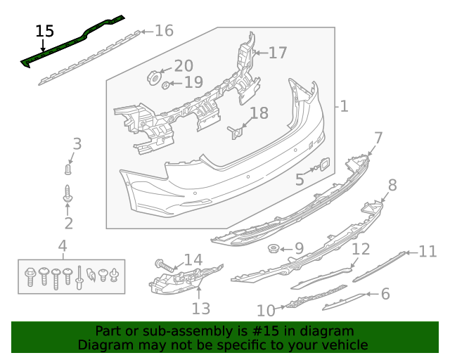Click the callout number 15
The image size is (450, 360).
pyautogui.click(x=44, y=31)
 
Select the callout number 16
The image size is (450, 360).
pyautogui.click(x=163, y=31)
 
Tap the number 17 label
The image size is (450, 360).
pyautogui.click(x=278, y=53)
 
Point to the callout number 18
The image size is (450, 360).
pyautogui.click(x=259, y=113)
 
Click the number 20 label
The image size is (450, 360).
pyautogui.click(x=183, y=66)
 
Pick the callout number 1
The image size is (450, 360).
pyautogui.click(x=344, y=107)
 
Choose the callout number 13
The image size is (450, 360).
pyautogui.click(x=201, y=308)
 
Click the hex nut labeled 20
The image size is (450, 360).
pyautogui.click(x=152, y=76)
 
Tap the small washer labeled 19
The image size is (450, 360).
pyautogui.click(x=166, y=85)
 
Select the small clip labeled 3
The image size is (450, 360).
pyautogui.click(x=67, y=169)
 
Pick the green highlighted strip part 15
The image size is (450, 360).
pyautogui.click(x=70, y=44)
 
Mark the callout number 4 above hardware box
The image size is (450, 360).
pyautogui.click(x=63, y=246)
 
